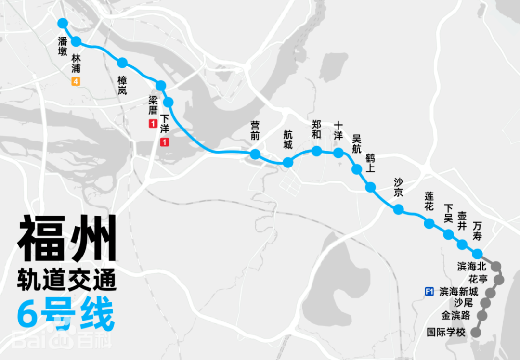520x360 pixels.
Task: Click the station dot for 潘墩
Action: coord(63,23)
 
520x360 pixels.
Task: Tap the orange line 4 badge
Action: coord(76,81)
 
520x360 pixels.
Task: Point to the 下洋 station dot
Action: coord(169,102)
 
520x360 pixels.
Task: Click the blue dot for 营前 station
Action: coord(255,154)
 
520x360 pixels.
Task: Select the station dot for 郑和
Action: coord(317,151)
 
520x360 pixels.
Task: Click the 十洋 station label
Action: coord(338,130)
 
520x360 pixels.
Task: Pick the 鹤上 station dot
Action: coord(370,187)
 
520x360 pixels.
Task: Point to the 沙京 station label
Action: coord(398,187)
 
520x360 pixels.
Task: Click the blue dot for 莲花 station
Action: coord(429,223)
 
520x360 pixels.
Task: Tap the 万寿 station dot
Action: coord(477,254)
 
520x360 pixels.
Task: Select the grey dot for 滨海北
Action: coord(495,266)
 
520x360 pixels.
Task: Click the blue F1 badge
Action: coord(429,291)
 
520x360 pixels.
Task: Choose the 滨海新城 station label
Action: coord(459,292)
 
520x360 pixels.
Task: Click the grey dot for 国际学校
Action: coord(476,332)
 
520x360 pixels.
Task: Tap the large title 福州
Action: coord(67,239)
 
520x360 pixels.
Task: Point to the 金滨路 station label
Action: coord(456,316)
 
